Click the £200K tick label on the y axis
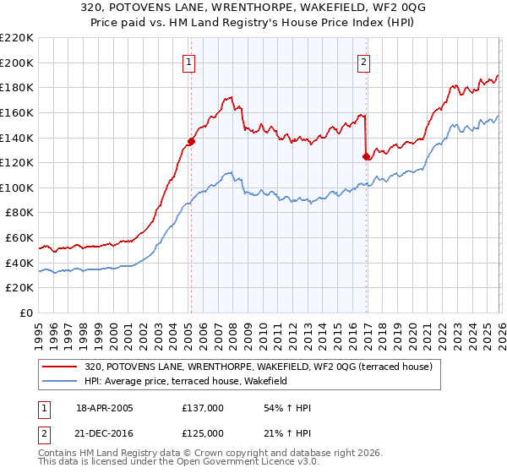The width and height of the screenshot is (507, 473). point(17,63)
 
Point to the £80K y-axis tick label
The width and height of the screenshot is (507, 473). point(19,213)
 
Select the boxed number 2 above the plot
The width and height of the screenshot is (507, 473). point(363,61)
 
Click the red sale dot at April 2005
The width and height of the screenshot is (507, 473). point(191,141)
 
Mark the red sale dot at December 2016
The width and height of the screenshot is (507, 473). point(366,156)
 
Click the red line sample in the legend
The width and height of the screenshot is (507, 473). point(61,367)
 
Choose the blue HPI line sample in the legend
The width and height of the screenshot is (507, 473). point(61,382)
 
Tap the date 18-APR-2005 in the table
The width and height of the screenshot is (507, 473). point(104,408)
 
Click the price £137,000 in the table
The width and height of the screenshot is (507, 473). point(203,408)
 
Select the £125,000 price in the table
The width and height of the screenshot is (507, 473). point(203,432)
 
